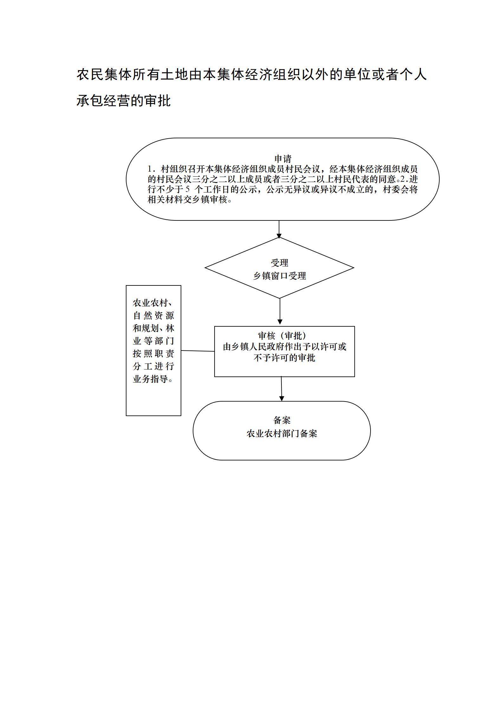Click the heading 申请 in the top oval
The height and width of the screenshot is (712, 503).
[283, 159]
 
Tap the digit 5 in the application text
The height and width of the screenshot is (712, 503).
[187, 190]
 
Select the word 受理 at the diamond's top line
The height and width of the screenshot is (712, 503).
[280, 263]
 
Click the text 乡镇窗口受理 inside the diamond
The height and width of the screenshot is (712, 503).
[280, 276]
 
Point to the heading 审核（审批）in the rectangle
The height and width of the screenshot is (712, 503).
[282, 336]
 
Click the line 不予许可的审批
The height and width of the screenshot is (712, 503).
[285, 358]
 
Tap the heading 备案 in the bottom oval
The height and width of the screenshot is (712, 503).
[282, 420]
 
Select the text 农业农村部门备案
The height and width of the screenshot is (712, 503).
[282, 434]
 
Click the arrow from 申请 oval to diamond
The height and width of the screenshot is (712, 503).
[279, 229]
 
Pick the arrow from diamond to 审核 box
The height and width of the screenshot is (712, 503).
[280, 311]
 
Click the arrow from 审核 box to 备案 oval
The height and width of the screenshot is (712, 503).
[281, 389]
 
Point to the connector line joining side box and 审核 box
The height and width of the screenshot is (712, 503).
[198, 351]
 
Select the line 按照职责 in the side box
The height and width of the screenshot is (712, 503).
[153, 354]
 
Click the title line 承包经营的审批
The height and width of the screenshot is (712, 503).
[124, 101]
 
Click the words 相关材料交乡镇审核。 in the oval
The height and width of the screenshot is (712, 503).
[190, 200]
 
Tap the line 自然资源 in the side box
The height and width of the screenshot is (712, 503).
[153, 316]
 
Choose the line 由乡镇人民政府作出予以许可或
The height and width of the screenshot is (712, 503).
[285, 347]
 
